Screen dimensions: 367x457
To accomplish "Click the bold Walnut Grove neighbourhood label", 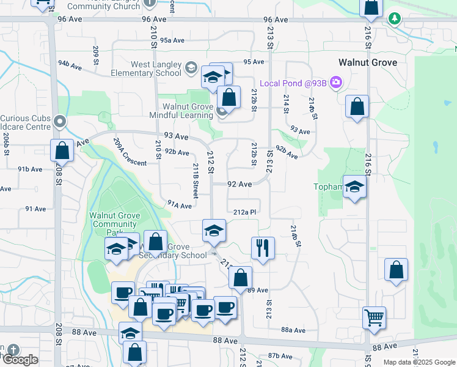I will point(368,62).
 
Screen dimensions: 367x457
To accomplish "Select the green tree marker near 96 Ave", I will point(395,19).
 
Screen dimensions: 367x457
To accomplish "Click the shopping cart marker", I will point(374,317).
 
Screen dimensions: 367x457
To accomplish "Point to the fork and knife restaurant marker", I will point(263,248).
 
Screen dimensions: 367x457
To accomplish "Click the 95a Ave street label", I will point(172,40).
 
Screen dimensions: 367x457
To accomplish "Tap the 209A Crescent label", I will point(129,152).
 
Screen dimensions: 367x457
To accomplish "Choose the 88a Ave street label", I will point(293,330).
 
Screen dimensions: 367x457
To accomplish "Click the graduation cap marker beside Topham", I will point(354,187).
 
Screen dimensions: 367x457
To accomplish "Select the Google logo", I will point(20,359).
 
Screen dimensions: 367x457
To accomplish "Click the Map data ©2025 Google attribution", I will point(419,362).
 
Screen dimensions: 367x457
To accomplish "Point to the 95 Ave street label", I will point(253,62).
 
